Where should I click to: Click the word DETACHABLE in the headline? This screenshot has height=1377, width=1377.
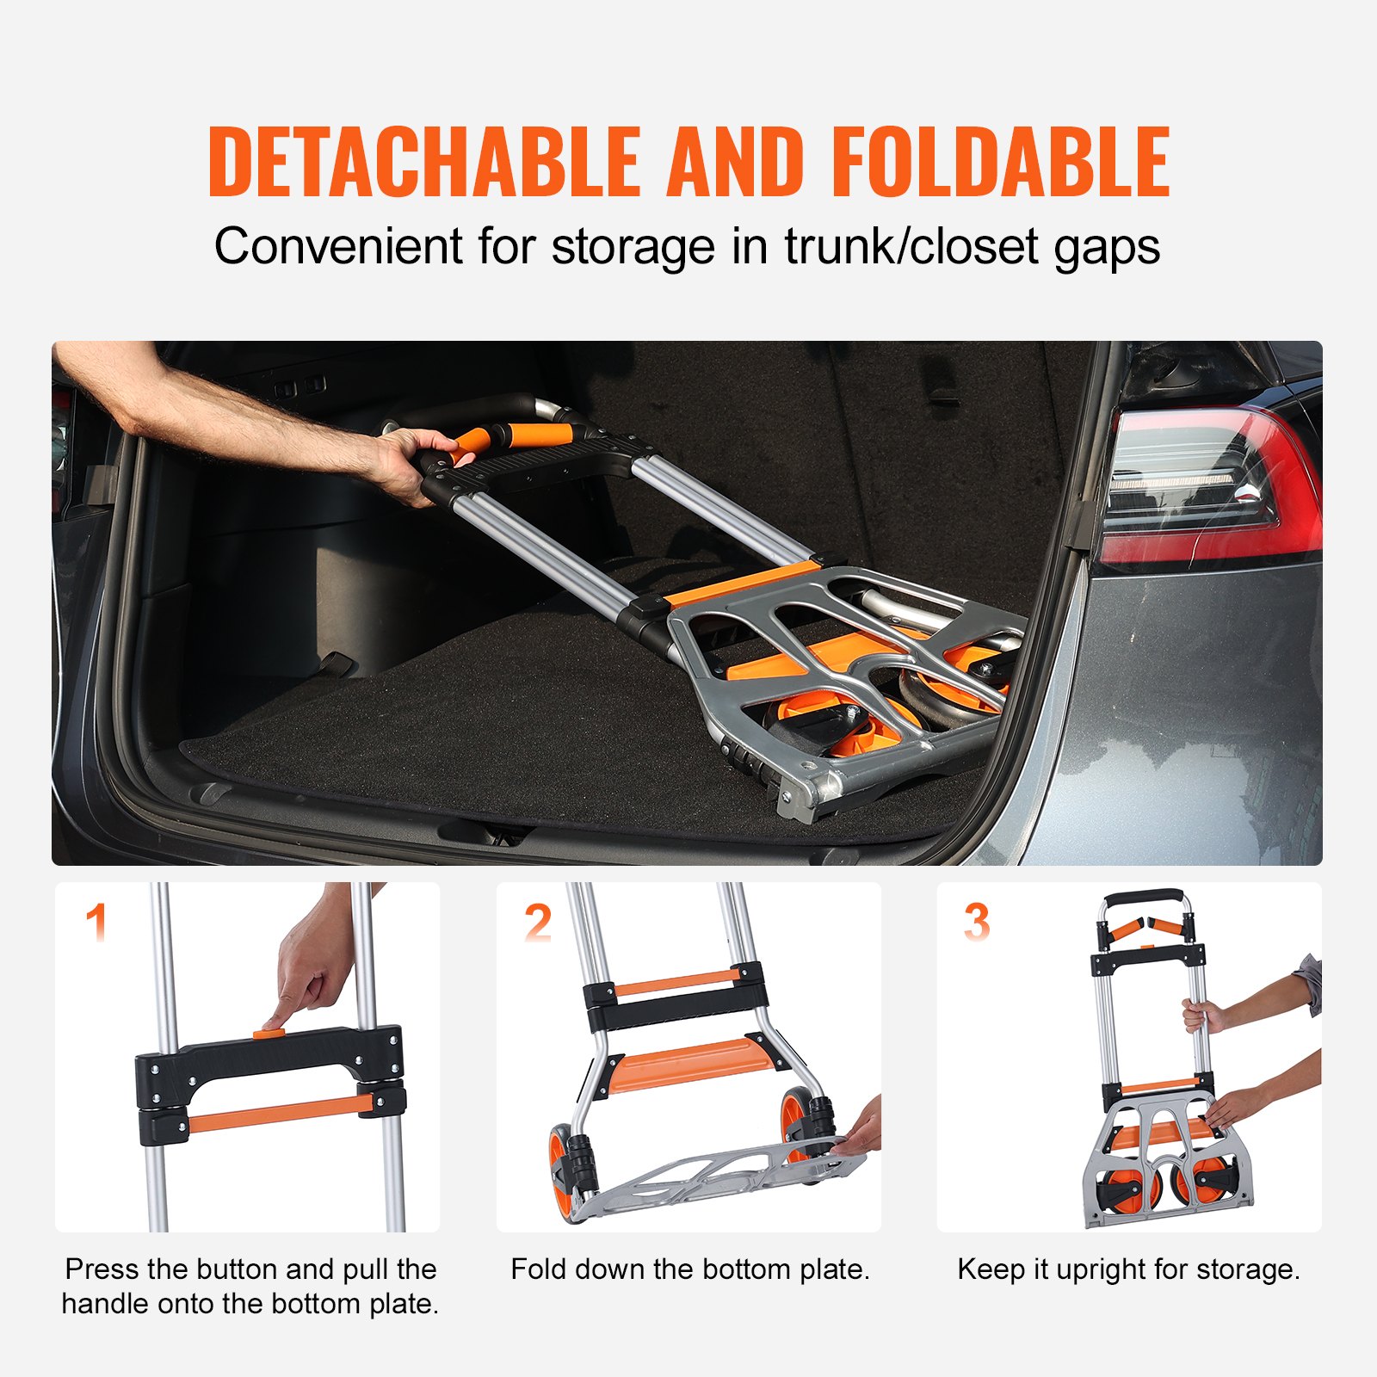pyautogui.click(x=424, y=162)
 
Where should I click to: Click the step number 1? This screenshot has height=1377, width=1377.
pyautogui.click(x=96, y=922)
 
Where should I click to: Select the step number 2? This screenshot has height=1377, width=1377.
pyautogui.click(x=538, y=923)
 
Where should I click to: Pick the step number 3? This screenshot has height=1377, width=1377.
pyautogui.click(x=976, y=923)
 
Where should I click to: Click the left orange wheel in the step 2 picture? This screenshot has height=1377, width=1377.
pyautogui.click(x=561, y=1170)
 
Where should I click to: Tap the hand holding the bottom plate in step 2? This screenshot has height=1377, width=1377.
pyautogui.click(x=861, y=1132)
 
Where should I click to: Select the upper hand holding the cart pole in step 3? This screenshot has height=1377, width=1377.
pyautogui.click(x=1201, y=1016)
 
